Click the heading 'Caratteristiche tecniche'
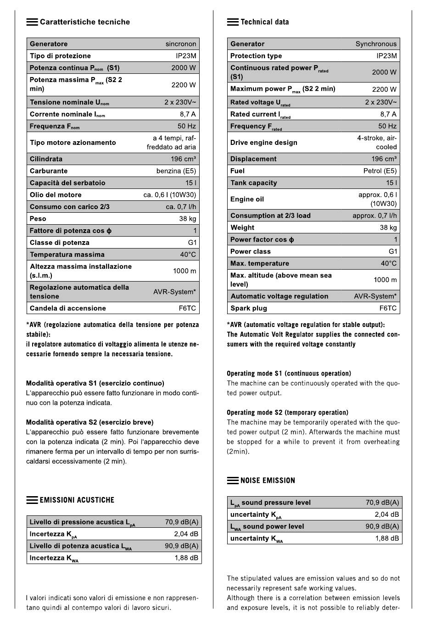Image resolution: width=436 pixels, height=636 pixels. click(84, 22)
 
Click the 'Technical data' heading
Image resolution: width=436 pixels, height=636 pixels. click(264, 22)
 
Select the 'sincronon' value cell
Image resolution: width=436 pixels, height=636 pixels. click(181, 44)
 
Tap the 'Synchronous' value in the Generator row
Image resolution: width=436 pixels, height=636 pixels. click(376, 44)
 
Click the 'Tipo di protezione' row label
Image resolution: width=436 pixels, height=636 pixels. click(60, 56)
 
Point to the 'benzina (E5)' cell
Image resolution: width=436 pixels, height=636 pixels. click(176, 171)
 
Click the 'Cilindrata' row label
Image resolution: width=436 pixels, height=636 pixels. click(46, 159)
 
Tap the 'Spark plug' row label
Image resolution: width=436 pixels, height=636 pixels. click(248, 309)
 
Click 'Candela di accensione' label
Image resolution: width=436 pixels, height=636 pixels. click(67, 309)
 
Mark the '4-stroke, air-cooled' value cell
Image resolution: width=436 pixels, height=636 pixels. click(377, 143)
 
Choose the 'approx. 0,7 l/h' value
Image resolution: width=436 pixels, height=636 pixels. click(375, 216)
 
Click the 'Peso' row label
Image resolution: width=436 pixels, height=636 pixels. click(38, 219)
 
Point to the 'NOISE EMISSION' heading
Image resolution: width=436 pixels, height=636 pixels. click(268, 481)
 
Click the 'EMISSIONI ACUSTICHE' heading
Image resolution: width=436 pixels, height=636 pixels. click(77, 500)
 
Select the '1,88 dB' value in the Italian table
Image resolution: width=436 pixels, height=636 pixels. click(186, 558)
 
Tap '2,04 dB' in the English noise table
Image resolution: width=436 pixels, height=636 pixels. click(386, 514)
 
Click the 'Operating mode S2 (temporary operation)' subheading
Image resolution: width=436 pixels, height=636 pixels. click(287, 413)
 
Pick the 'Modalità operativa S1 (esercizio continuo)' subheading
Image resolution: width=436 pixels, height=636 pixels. click(95, 383)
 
